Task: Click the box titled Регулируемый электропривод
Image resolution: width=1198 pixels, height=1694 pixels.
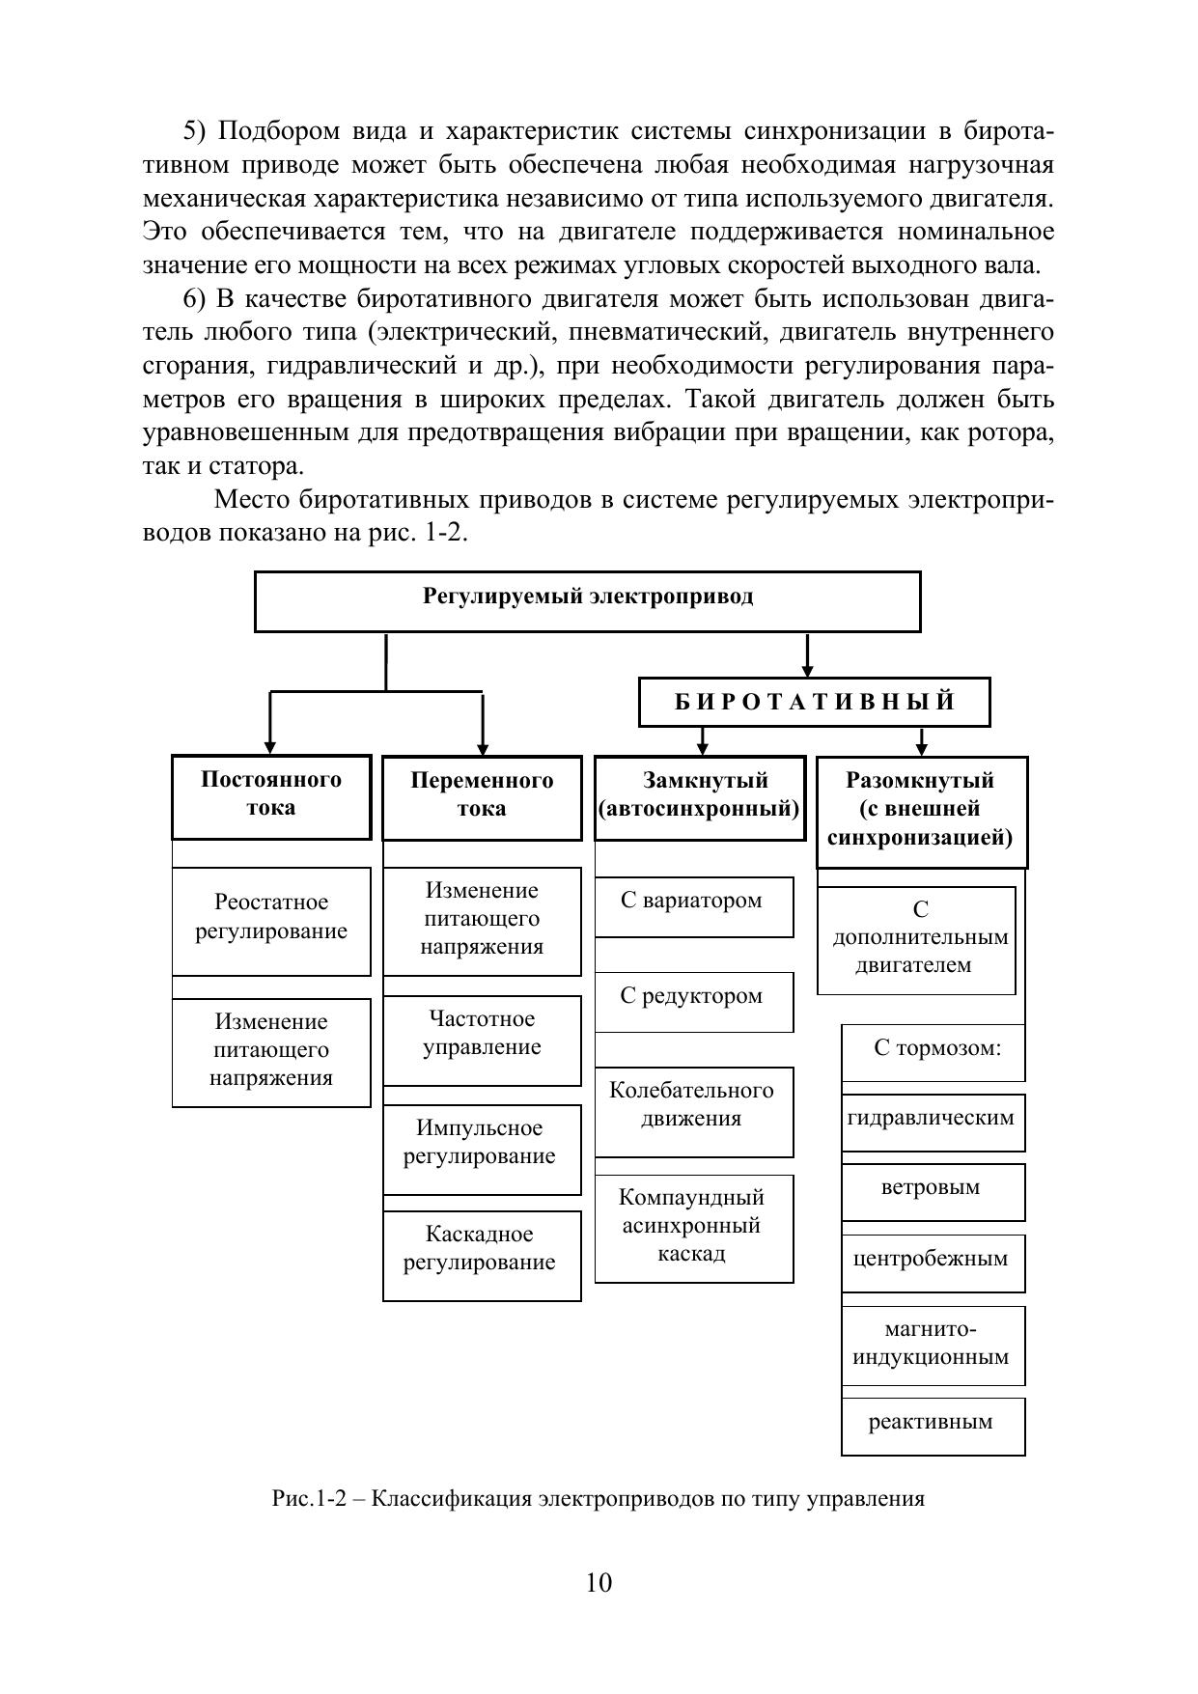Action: [x=587, y=601]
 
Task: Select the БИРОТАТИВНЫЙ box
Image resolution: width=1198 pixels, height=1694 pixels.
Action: [x=814, y=702]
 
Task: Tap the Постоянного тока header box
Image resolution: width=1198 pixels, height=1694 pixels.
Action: [x=271, y=797]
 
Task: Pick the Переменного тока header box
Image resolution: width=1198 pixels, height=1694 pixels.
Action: [x=482, y=798]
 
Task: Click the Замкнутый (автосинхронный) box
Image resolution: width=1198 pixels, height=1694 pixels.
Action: [x=700, y=798]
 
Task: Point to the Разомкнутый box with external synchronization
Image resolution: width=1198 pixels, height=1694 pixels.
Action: [x=921, y=812]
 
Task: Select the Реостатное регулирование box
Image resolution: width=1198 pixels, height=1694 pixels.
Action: [x=271, y=921]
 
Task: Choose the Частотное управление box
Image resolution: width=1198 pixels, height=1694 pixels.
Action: [x=482, y=1041]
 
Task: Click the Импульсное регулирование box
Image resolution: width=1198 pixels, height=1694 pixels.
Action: [x=482, y=1150]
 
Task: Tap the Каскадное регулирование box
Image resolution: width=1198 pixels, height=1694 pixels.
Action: [x=482, y=1256]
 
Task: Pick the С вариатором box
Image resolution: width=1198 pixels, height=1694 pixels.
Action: [x=693, y=906]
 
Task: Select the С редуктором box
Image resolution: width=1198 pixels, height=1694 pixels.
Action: [x=693, y=1002]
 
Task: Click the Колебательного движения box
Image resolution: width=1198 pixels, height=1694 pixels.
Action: [x=693, y=1111]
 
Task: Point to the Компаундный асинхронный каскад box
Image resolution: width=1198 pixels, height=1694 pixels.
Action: [x=693, y=1228]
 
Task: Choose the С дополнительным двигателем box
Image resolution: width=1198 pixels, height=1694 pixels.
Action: [x=916, y=940]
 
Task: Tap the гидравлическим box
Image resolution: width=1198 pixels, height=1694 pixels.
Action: [x=933, y=1122]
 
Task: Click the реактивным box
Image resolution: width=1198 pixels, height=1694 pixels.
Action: [x=933, y=1426]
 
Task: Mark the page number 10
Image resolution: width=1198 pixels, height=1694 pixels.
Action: [x=599, y=1583]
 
